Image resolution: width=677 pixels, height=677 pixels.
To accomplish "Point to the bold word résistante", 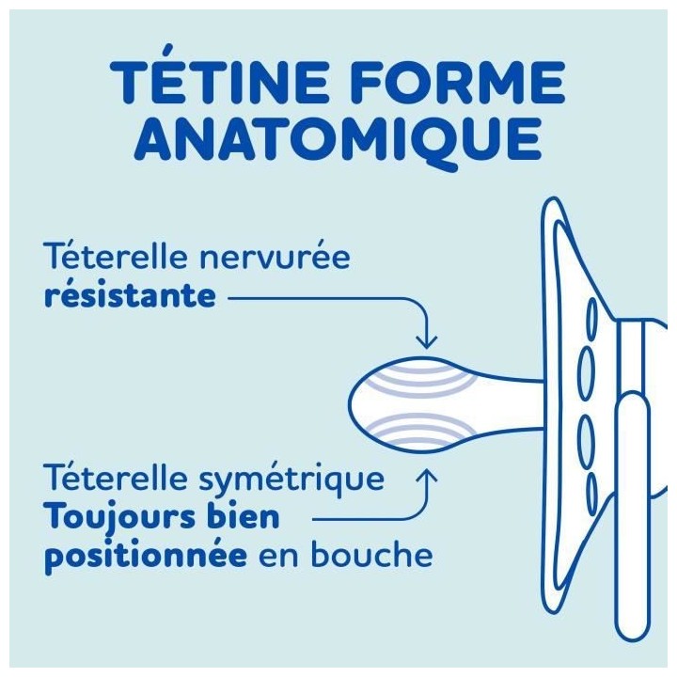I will click(130, 297).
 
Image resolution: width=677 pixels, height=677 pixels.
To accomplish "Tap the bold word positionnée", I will click(146, 557).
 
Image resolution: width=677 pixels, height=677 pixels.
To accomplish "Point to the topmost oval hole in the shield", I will click(590, 318).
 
